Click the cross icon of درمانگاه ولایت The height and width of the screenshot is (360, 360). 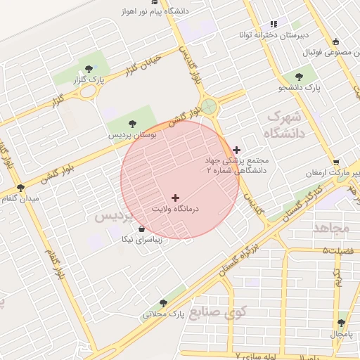(175, 198)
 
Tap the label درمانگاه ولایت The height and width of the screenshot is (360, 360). (176, 209)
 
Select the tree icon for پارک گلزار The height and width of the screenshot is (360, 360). (89, 68)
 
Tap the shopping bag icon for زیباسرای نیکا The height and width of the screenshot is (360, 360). (142, 229)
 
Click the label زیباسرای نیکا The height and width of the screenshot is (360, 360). (143, 239)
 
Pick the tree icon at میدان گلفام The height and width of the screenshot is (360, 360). (20, 188)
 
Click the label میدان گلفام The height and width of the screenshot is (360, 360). (21, 199)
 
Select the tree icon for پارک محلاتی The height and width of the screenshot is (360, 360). (164, 303)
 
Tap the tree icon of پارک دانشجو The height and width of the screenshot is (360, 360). (301, 77)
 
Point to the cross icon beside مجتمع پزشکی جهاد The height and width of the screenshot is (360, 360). (237, 149)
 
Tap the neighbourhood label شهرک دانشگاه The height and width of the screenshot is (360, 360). (284, 123)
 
